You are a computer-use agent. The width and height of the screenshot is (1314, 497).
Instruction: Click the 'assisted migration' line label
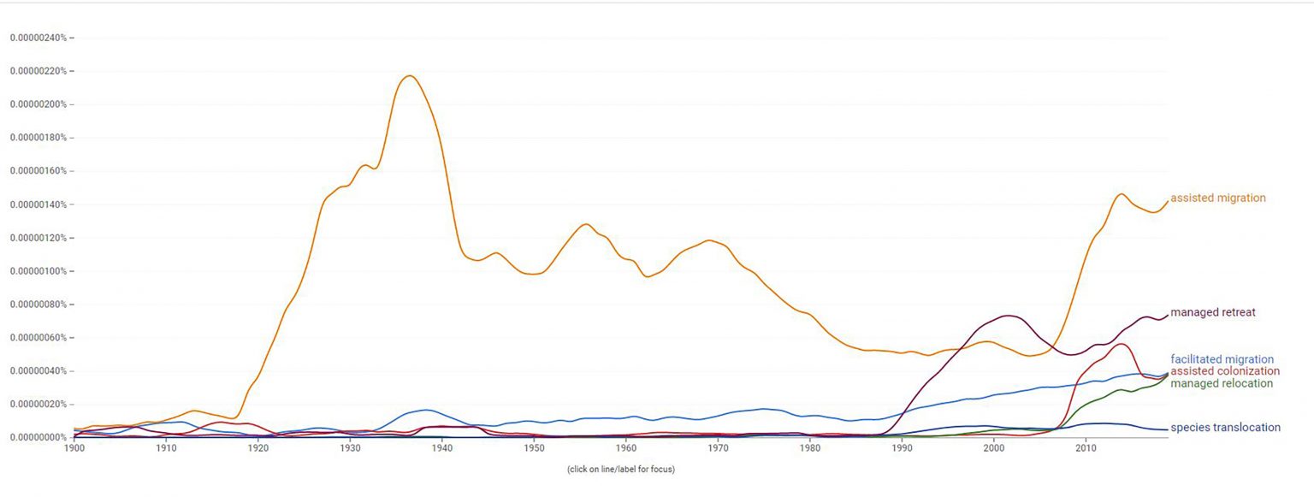1217,198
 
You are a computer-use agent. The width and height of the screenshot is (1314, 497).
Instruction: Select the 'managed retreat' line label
1212,312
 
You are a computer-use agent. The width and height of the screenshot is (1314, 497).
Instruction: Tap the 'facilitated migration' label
1222,359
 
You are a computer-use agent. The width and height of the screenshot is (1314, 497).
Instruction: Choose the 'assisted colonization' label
1225,371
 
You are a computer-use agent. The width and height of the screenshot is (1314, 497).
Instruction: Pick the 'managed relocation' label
1222,383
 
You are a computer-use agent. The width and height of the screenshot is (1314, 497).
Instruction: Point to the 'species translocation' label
1225,428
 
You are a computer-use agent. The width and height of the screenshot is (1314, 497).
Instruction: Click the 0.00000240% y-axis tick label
39,38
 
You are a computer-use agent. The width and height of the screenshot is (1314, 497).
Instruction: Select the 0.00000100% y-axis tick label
39,271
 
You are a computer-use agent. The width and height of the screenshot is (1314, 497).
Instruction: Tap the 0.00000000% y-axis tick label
39,437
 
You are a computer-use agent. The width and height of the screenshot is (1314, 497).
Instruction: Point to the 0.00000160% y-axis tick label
39,171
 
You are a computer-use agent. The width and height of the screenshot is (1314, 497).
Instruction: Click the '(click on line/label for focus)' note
620,469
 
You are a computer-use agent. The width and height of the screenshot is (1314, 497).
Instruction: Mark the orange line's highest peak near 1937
409,76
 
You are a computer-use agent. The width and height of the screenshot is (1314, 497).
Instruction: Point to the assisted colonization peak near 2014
1120,344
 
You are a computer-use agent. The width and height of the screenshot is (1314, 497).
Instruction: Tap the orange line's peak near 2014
1122,193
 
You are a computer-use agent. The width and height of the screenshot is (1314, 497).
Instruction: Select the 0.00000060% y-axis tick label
39,338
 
